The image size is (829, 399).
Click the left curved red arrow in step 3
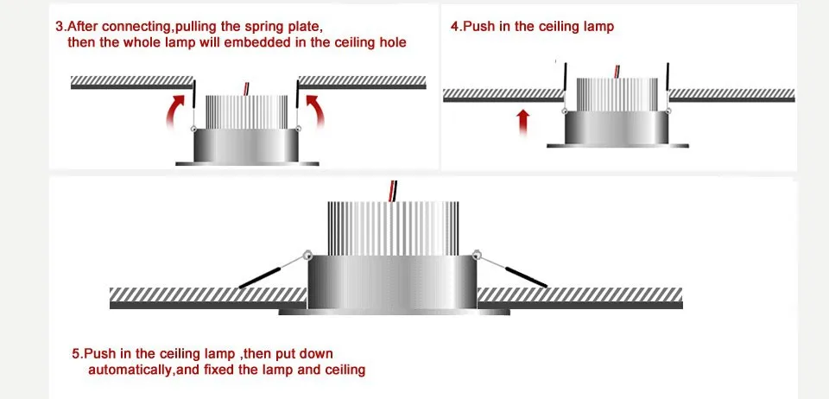click(176, 113)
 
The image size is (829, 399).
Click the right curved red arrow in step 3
click(316, 113)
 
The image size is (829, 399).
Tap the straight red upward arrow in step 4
click(522, 122)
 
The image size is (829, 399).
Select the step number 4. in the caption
click(457, 27)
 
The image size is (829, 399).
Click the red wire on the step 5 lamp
click(393, 190)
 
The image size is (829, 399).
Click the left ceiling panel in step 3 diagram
click(130, 82)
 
